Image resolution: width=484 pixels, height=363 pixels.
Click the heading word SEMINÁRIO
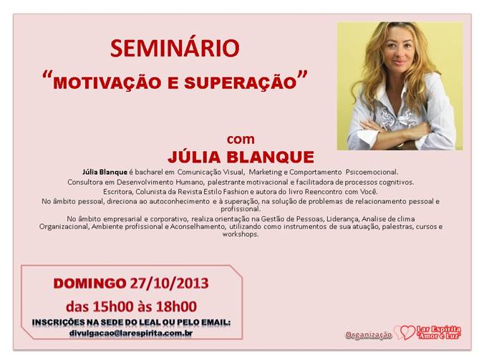click(175, 48)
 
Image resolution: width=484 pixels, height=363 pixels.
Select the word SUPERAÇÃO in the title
click(241, 83)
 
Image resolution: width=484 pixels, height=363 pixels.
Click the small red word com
click(241, 140)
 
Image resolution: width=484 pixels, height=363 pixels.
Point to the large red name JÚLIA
click(195, 157)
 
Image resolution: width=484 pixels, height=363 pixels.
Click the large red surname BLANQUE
click(271, 157)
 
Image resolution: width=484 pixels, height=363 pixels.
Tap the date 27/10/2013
click(169, 284)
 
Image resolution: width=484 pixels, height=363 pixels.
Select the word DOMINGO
click(89, 284)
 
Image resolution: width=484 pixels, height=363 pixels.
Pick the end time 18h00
click(176, 306)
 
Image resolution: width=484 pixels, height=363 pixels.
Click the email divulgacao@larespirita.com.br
click(131, 334)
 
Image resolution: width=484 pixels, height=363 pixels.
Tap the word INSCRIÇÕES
click(58, 323)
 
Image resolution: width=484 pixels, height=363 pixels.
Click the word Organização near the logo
click(369, 335)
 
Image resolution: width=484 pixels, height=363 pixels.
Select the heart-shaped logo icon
click(405, 333)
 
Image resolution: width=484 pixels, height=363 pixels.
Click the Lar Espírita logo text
click(438, 332)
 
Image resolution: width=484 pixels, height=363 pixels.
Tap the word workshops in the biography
click(241, 234)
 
